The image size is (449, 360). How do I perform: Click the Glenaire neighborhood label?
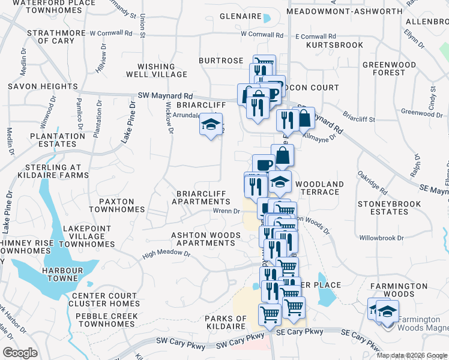(239, 17)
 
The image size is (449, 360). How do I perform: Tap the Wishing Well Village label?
(157, 70)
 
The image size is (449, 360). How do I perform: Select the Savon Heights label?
(35, 86)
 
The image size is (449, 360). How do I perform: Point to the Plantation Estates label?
(58, 140)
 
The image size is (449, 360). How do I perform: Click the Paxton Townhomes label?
(117, 205)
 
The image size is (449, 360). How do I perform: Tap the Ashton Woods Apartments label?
(202, 239)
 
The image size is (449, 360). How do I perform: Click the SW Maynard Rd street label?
(165, 95)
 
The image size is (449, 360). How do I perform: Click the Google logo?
(20, 353)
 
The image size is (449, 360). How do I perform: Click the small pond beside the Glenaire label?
(267, 18)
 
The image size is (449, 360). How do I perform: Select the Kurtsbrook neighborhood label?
(334, 45)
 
